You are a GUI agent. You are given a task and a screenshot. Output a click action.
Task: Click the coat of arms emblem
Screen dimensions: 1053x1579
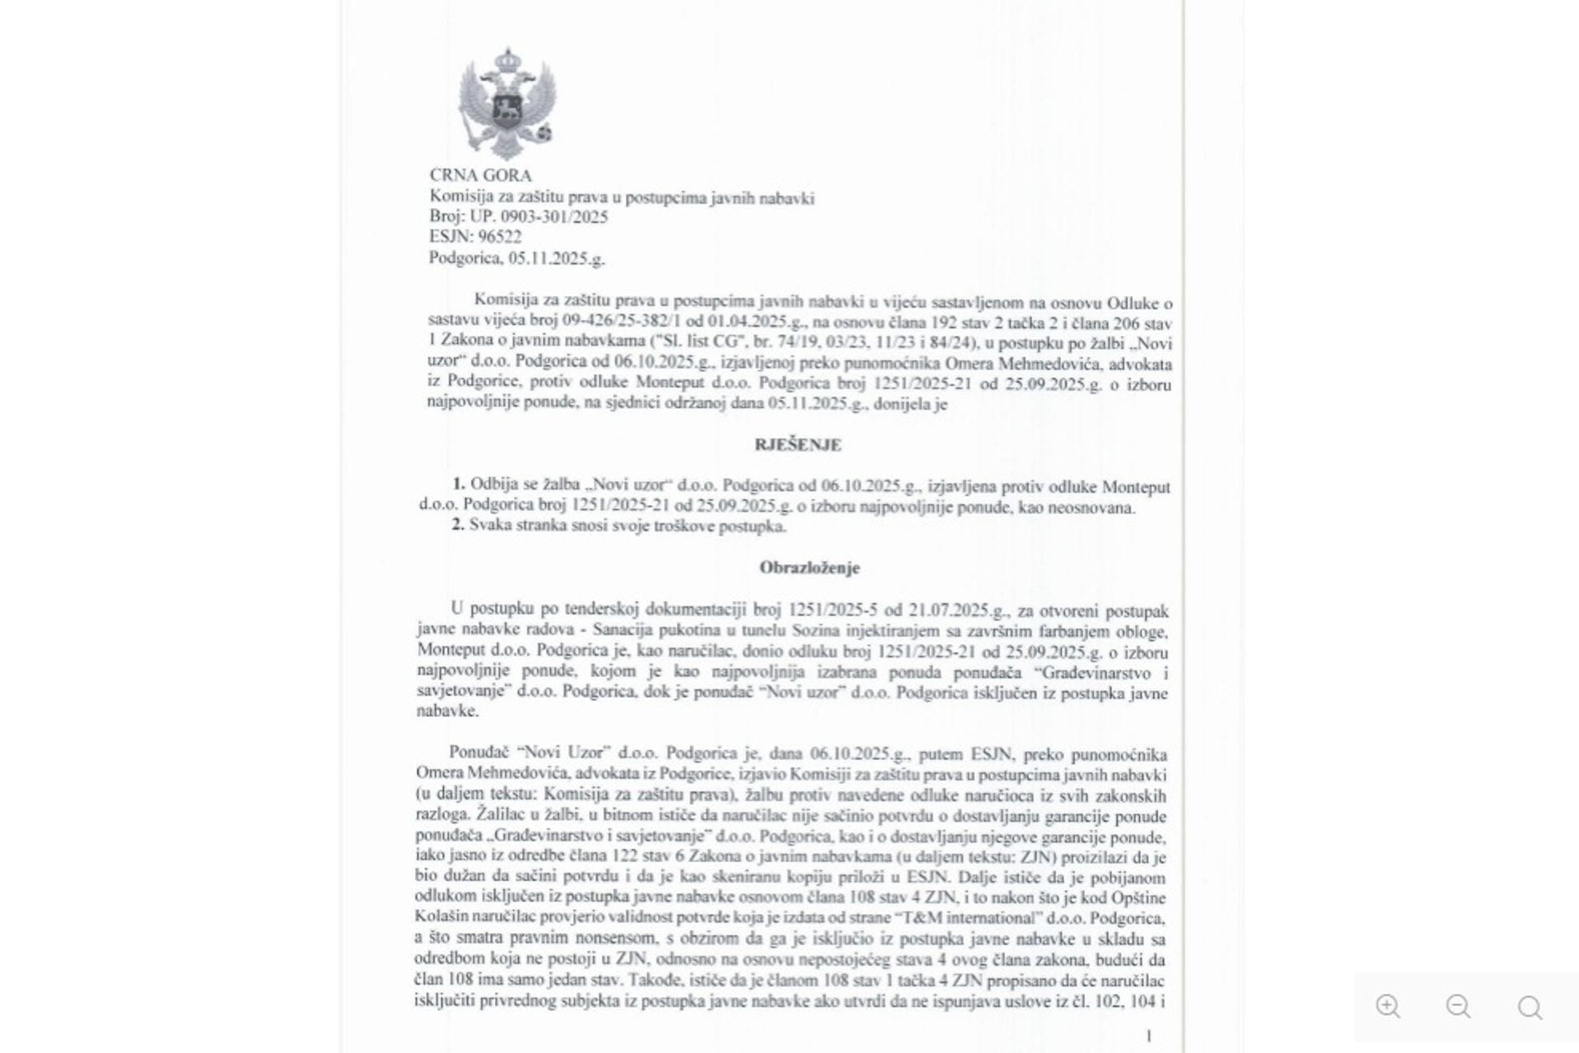click(x=507, y=104)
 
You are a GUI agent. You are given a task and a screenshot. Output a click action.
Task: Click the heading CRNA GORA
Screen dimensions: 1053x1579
click(x=480, y=175)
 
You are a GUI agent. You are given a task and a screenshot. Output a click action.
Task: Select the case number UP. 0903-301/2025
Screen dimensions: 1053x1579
click(x=539, y=217)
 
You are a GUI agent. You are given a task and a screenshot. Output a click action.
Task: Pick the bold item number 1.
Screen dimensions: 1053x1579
click(x=458, y=485)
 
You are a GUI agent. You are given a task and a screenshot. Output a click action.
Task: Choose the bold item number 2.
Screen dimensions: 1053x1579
click(x=458, y=525)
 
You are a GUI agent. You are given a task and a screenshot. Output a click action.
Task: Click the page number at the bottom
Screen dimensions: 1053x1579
click(x=1149, y=1037)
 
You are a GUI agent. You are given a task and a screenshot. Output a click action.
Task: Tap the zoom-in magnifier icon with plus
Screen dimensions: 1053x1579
click(x=1387, y=1007)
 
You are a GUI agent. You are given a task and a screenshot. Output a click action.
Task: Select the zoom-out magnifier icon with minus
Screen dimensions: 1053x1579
click(x=1458, y=1007)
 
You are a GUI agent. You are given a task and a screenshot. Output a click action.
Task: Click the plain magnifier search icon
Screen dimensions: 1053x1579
click(x=1530, y=1007)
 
